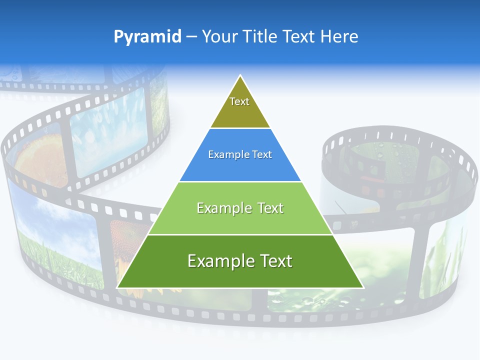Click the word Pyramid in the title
click(147, 36)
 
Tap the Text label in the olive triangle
click(239, 101)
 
